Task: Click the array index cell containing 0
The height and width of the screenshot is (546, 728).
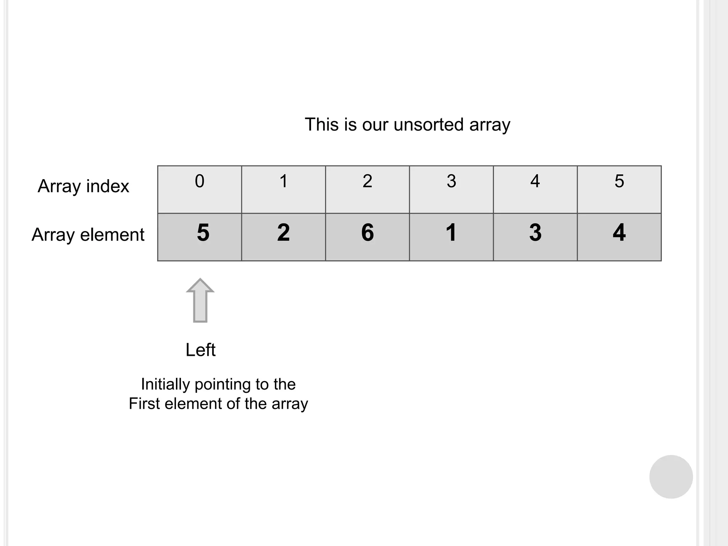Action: point(199,189)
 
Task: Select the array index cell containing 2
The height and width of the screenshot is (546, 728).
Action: point(367,189)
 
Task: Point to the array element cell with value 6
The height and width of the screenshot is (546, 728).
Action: point(367,237)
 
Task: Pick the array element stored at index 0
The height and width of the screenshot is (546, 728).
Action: point(199,237)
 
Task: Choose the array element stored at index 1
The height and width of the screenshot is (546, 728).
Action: point(283,237)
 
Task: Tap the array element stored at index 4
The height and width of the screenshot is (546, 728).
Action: point(535,237)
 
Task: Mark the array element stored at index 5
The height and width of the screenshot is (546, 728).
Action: point(619,237)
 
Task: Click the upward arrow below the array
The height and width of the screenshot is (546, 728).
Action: point(200,300)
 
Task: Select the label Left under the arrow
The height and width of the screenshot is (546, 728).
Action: point(200,350)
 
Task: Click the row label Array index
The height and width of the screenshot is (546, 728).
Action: point(83,186)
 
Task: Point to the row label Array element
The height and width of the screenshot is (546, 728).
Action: point(88,235)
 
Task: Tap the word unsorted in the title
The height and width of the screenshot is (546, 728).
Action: point(428,125)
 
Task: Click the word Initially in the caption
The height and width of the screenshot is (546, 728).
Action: point(165,384)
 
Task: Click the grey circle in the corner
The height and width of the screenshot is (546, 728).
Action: point(671,477)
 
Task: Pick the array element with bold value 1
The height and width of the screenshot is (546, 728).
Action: point(451,237)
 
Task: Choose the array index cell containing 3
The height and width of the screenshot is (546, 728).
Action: point(451,189)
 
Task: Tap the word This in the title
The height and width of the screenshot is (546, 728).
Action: point(322,125)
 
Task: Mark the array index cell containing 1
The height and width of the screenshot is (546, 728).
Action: point(283,189)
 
